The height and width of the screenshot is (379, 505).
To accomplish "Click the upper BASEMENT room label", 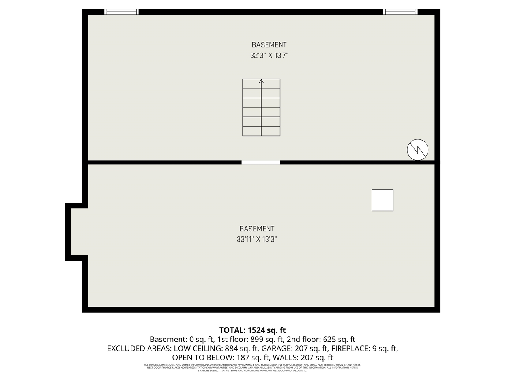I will click(269, 45).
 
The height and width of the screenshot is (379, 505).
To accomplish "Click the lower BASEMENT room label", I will click(257, 229).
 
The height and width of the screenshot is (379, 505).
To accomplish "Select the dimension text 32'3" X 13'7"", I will click(269, 56).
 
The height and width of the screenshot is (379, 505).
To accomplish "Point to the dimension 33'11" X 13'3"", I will click(257, 239).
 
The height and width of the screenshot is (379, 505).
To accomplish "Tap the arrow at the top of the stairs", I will click(261, 81).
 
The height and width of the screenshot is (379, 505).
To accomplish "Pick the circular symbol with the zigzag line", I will click(417, 150).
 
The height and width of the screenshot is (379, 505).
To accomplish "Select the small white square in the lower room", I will click(382, 200).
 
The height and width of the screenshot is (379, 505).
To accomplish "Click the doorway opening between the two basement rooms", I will click(261, 162).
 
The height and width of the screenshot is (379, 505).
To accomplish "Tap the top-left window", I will click(122, 12).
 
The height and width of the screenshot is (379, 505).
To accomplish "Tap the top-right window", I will click(400, 12).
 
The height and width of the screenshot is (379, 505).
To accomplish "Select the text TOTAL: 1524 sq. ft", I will click(252, 330).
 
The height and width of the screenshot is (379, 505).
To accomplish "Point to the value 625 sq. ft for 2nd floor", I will click(339, 340).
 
